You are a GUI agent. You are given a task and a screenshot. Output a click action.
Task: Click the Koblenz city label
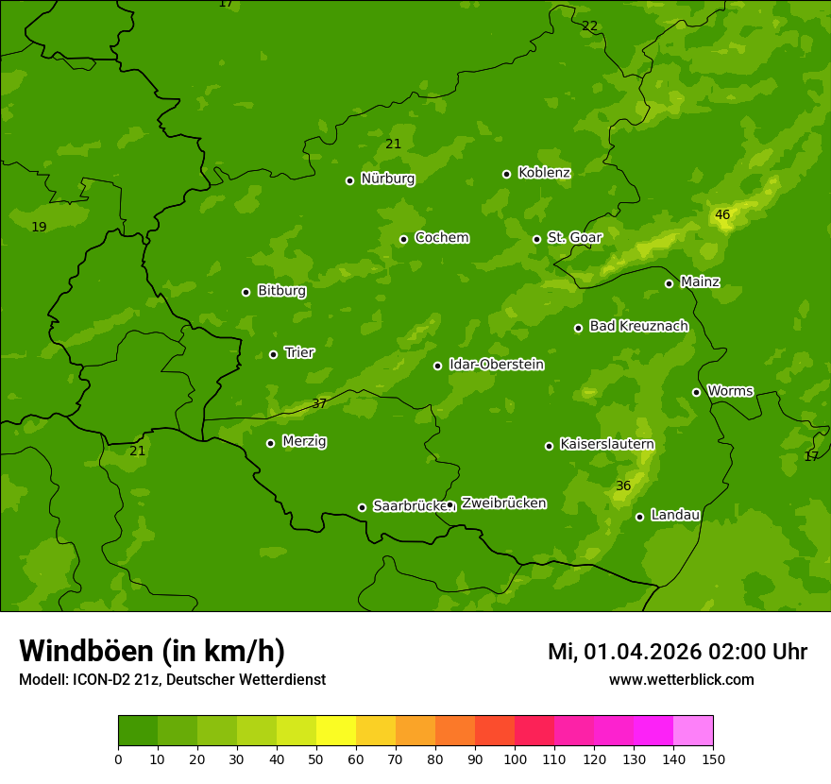pyautogui.click(x=544, y=173)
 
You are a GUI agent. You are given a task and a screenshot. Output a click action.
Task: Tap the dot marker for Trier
pyautogui.click(x=274, y=354)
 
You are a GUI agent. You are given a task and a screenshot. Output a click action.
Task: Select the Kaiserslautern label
pyautogui.click(x=606, y=444)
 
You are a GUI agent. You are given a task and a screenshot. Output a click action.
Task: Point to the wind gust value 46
pyautogui.click(x=722, y=214)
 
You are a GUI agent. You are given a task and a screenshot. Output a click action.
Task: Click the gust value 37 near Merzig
pyautogui.click(x=319, y=403)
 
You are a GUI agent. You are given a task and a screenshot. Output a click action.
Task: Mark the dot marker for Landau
pyautogui.click(x=639, y=517)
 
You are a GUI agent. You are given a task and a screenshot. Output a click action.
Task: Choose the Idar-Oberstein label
pyautogui.click(x=496, y=364)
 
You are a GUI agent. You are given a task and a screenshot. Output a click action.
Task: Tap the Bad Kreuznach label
pyautogui.click(x=638, y=326)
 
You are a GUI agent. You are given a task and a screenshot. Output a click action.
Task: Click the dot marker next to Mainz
pyautogui.click(x=669, y=283)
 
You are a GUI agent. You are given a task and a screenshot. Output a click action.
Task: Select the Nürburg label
pyautogui.click(x=387, y=179)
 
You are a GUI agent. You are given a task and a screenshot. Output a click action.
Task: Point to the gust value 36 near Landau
pyautogui.click(x=623, y=486)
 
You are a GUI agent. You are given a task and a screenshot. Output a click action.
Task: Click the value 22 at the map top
pyautogui.click(x=590, y=26)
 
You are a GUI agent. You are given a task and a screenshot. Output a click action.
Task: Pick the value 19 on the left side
pyautogui.click(x=39, y=227)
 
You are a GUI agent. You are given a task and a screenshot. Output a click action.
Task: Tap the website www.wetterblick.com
pyautogui.click(x=681, y=679)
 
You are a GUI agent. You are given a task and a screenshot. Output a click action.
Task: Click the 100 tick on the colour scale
pyautogui.click(x=515, y=758)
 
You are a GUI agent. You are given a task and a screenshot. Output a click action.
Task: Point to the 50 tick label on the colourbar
pyautogui.click(x=316, y=758)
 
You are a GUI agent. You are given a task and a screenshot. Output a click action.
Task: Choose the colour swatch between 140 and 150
pyautogui.click(x=693, y=731)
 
